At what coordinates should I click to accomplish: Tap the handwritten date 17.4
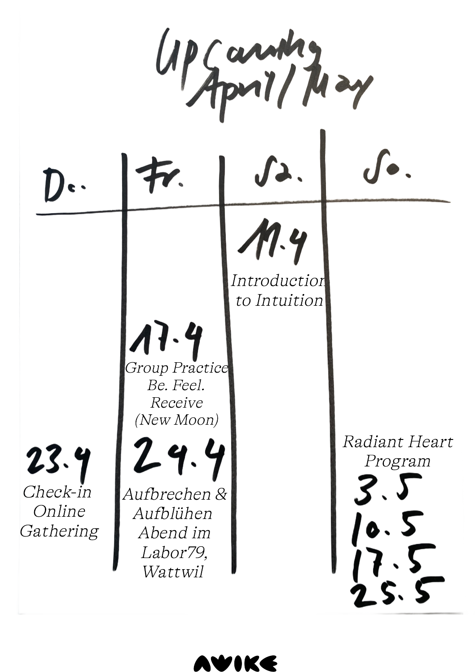(x=166, y=339)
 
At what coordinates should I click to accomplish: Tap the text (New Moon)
(x=176, y=420)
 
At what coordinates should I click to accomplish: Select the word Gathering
(x=59, y=531)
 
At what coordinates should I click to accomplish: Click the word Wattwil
(x=173, y=572)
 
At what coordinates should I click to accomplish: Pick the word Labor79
(x=174, y=552)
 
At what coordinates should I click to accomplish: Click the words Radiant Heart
(x=397, y=442)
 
